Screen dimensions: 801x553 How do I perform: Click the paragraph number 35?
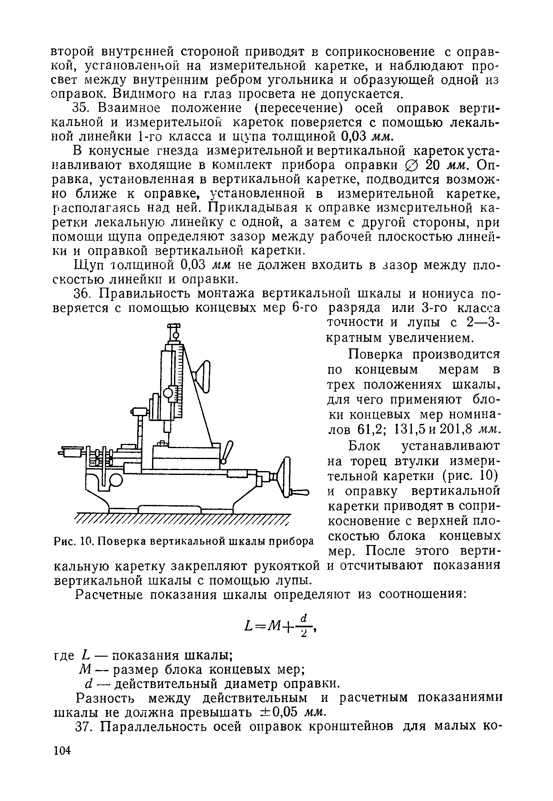(x=81, y=108)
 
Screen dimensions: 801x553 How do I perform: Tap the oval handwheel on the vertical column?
(x=205, y=376)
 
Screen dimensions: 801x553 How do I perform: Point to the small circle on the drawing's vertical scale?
(x=169, y=393)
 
